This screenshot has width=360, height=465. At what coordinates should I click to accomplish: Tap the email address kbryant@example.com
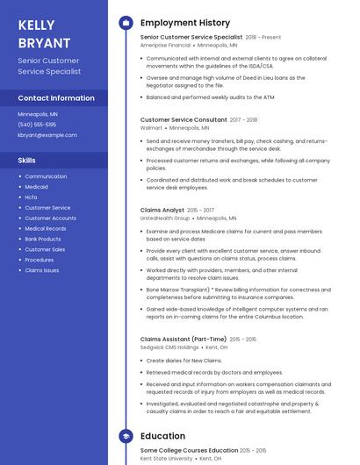coord(47,135)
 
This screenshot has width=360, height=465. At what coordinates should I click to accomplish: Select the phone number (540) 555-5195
coord(37,125)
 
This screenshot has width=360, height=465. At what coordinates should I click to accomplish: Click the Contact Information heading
coord(56,98)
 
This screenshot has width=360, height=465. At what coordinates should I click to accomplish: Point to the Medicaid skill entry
coord(36,187)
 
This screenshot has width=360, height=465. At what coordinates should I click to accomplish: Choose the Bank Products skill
coord(42,239)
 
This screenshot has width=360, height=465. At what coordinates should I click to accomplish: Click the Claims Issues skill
coord(41,270)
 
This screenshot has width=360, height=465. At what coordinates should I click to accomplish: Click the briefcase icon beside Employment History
coord(126,23)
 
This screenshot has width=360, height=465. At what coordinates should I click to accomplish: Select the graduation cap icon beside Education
coord(126,435)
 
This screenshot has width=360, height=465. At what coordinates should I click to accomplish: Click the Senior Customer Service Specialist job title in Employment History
coord(191,38)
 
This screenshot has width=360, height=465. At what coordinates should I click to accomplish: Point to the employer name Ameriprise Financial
coord(165,45)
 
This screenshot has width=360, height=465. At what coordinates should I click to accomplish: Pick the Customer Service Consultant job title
coord(184,119)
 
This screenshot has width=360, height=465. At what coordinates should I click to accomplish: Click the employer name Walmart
coord(151,127)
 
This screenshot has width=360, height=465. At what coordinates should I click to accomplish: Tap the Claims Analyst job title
coord(162,211)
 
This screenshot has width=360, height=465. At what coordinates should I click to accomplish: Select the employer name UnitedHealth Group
coord(165,218)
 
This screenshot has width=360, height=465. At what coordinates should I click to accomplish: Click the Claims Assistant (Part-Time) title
coord(184,339)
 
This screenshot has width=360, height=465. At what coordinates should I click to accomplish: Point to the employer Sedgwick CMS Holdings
coord(169,347)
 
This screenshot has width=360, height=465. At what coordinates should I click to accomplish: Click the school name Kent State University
coord(167,458)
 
